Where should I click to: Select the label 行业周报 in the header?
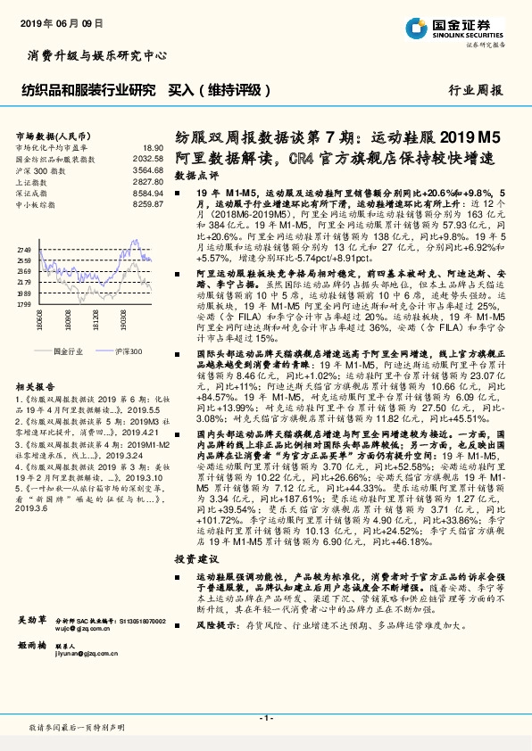click(476, 91)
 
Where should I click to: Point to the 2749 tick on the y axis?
click(24, 250)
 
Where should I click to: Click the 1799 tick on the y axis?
click(24, 304)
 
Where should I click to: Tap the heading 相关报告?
click(37, 385)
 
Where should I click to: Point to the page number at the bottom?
click(266, 718)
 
